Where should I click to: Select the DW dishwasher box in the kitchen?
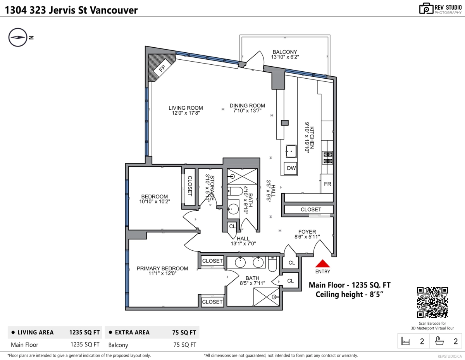tap(291, 169)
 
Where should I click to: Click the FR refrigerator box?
tap(327, 184)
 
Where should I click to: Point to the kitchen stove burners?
tap(327, 157)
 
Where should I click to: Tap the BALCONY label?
tap(284, 52)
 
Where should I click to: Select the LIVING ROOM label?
tap(186, 108)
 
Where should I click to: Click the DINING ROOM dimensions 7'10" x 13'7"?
tap(247, 111)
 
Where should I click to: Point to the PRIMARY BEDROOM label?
tap(162, 268)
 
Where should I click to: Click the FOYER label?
tap(307, 232)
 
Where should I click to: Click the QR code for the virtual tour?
tap(432, 302)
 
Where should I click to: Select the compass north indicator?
tap(18, 38)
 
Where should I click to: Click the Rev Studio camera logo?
tap(426, 9)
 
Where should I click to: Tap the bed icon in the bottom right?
tap(405, 341)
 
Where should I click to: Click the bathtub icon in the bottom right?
tap(440, 341)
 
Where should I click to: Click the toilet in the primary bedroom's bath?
tap(272, 265)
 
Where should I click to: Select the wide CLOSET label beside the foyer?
tap(311, 210)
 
